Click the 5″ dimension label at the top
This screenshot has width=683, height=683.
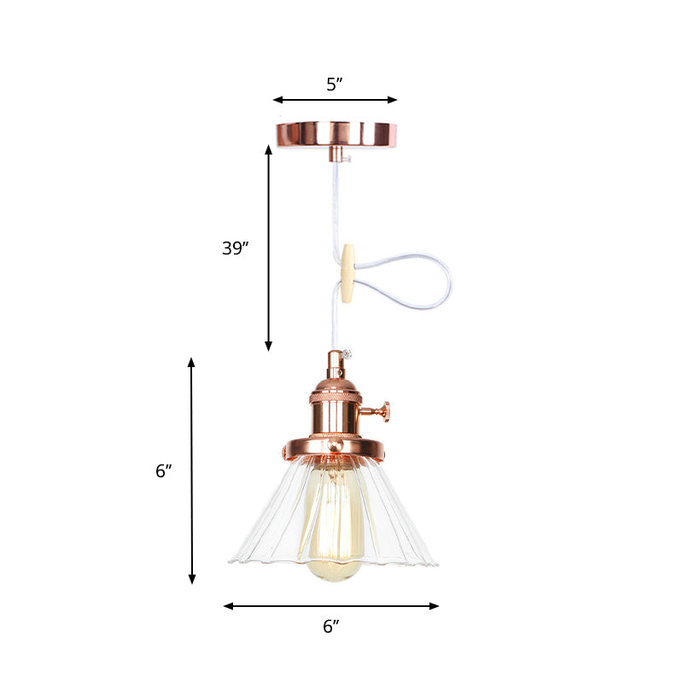[x=334, y=84]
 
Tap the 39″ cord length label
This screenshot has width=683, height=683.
[x=235, y=248]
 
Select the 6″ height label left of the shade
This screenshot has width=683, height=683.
[x=164, y=470]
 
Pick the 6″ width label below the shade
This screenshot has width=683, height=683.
[x=330, y=626]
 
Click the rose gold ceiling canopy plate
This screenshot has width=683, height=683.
[x=336, y=132]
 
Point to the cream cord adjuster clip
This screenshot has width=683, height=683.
[x=347, y=274]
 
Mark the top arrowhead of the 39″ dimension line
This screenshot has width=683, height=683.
[x=268, y=149]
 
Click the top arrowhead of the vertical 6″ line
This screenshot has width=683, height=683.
[x=191, y=362]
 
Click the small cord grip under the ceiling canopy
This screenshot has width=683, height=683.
[x=336, y=154]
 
